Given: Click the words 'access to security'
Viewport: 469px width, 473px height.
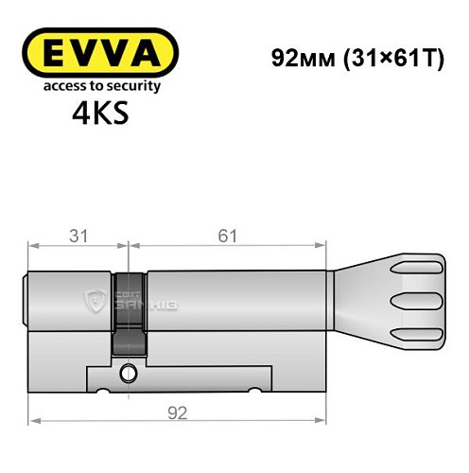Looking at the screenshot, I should (x=100, y=86).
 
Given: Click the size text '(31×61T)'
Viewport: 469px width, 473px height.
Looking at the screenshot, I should (x=383, y=56).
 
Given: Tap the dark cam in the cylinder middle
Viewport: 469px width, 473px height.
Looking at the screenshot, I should (x=129, y=313).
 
